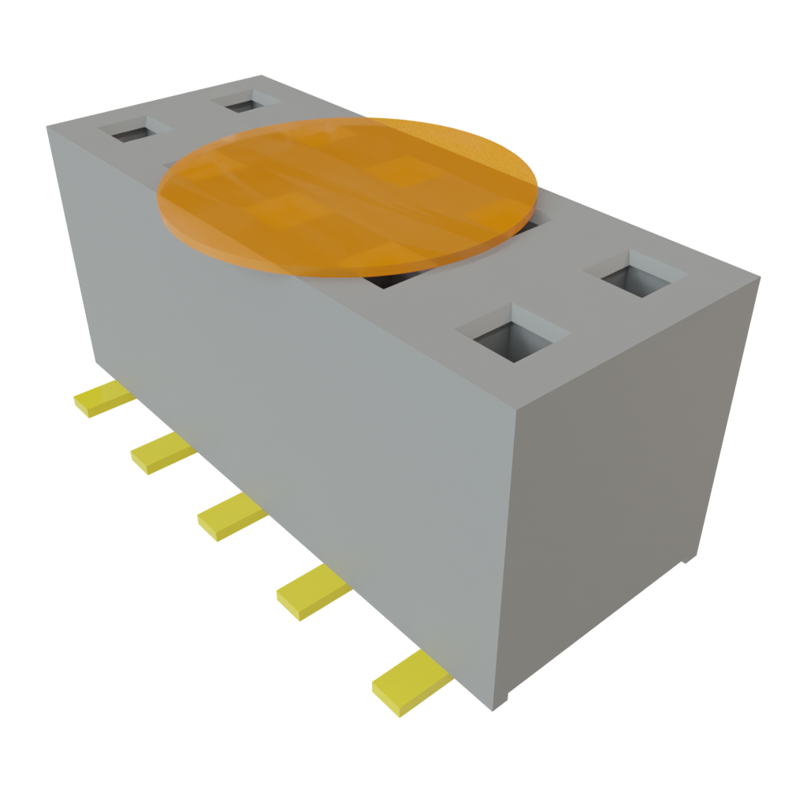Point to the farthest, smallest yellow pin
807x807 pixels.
coord(103,400)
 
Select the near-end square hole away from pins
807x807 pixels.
coord(634,276)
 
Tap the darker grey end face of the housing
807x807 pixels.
coord(630,473)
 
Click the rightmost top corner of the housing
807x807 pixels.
coord(760,276)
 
